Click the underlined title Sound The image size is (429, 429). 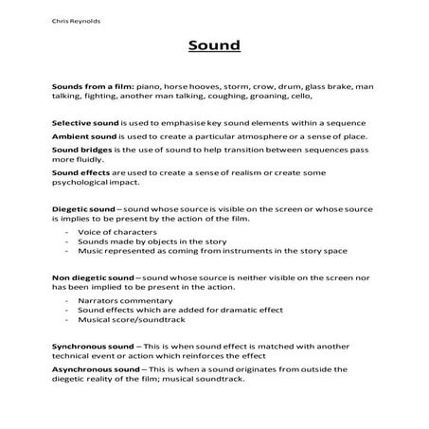coord(214,45)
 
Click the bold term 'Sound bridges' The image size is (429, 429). coord(80,150)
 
